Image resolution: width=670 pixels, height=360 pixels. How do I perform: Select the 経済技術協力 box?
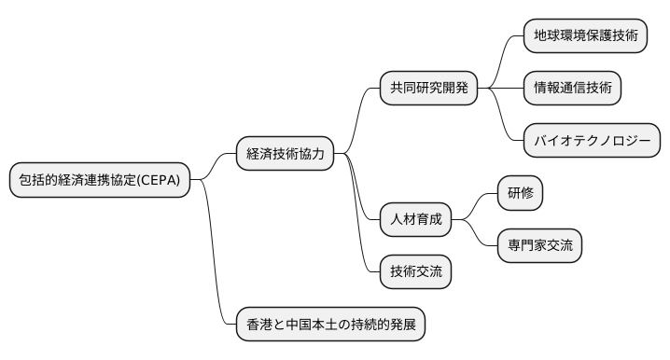285,154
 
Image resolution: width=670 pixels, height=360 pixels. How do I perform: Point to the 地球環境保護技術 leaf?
585,36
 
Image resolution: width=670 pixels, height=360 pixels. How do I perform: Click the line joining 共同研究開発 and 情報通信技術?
500,89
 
